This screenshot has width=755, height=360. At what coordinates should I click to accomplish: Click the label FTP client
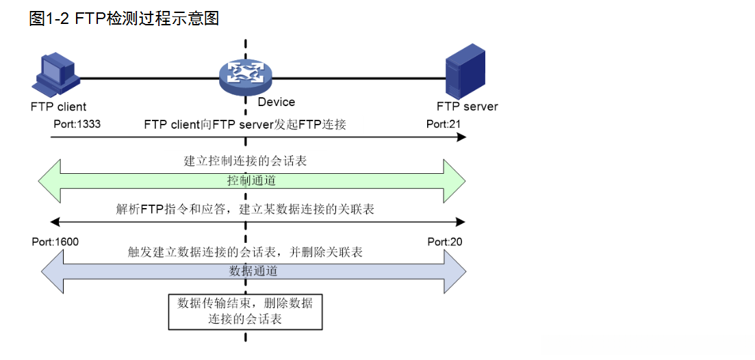tap(58, 107)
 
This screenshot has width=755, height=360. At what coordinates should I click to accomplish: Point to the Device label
tap(277, 102)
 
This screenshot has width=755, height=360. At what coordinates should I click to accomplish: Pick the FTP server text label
tap(467, 107)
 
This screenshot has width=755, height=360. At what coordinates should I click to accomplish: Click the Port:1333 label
tap(74, 125)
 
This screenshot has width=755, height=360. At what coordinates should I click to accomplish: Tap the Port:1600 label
tap(55, 242)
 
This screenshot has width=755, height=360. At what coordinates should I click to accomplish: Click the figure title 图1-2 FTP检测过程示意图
tap(124, 19)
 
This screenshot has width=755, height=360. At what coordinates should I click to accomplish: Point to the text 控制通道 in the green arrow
tap(251, 181)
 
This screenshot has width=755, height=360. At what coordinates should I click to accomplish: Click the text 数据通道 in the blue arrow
tap(253, 271)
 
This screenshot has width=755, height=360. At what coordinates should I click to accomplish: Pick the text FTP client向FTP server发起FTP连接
tap(245, 125)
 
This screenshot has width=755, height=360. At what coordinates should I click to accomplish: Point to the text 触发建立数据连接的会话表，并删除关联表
tap(245, 252)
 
